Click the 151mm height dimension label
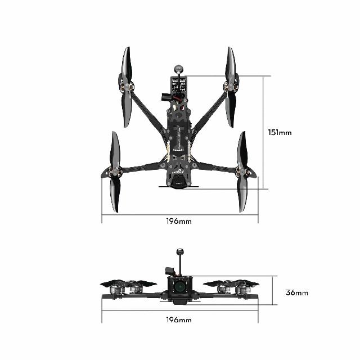[x=280, y=133]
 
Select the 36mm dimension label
[x=296, y=292]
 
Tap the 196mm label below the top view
[x=179, y=221]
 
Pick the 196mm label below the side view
[x=179, y=319]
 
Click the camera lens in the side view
[x=179, y=286]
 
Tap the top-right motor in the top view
[x=230, y=87]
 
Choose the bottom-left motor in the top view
[x=115, y=172]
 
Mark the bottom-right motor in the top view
[x=243, y=171]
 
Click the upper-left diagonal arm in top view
[x=147, y=110]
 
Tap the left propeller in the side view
[x=128, y=283]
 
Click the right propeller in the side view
[x=231, y=283]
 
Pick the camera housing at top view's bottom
[x=179, y=185]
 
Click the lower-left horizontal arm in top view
[x=141, y=167]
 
